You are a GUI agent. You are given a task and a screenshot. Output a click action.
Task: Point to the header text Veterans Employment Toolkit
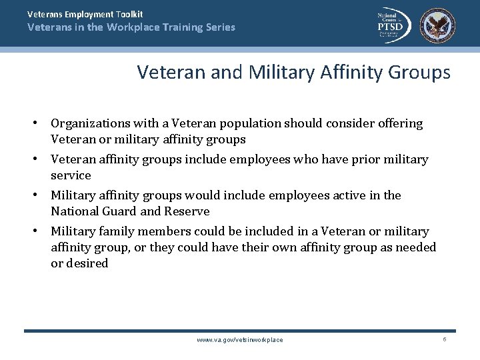[85, 14]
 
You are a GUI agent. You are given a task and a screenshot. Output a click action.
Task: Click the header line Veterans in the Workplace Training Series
[131, 27]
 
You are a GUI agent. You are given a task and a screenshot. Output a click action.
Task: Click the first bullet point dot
[39, 123]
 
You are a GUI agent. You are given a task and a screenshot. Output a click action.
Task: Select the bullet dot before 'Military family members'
[39, 231]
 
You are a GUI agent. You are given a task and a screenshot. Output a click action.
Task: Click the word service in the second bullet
[71, 175]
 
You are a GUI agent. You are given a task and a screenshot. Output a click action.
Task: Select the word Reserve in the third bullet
[189, 211]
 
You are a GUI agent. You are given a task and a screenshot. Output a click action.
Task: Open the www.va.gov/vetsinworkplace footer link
[240, 340]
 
